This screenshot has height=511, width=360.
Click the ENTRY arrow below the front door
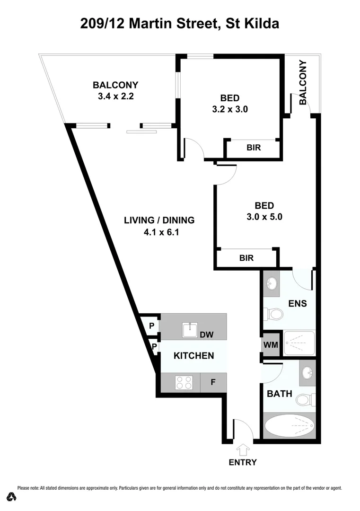pyautogui.click(x=243, y=449)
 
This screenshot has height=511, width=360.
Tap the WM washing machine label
pyautogui.click(x=271, y=344)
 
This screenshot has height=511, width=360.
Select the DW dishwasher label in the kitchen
pyautogui.click(x=206, y=335)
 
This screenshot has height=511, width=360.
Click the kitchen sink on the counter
pyautogui.click(x=191, y=328)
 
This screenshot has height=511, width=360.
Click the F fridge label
pyautogui.click(x=213, y=382)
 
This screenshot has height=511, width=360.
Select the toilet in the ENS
pyautogui.click(x=274, y=314)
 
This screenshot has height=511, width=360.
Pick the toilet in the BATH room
pyautogui.click(x=304, y=400)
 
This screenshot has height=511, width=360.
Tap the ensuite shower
pyautogui.click(x=298, y=344)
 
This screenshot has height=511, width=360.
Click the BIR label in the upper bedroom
pyautogui.click(x=254, y=148)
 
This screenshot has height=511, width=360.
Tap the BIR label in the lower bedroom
pyautogui.click(x=246, y=258)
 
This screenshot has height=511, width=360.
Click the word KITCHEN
pyautogui.click(x=193, y=356)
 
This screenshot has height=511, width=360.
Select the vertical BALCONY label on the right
pyautogui.click(x=303, y=83)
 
